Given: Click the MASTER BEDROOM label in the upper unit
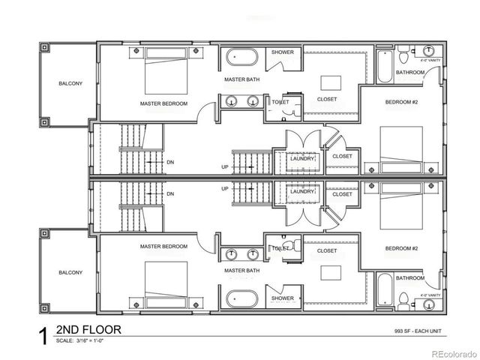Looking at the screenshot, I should (163, 103).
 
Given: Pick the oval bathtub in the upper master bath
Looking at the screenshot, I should (241, 57).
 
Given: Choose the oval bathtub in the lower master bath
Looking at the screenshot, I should (241, 298).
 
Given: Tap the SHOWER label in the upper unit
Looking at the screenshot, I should (283, 52).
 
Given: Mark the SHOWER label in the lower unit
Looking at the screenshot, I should (283, 298).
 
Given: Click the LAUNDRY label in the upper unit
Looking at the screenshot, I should (302, 158).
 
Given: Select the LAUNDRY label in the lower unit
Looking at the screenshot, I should (302, 191).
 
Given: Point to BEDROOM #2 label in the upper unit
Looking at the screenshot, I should (401, 101).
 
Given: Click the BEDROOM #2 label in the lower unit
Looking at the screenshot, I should (401, 247).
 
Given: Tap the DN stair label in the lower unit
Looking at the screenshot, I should (170, 193).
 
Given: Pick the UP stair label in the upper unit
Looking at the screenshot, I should (225, 167).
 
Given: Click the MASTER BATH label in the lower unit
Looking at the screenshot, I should (241, 271).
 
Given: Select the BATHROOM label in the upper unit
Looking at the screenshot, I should (410, 73).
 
